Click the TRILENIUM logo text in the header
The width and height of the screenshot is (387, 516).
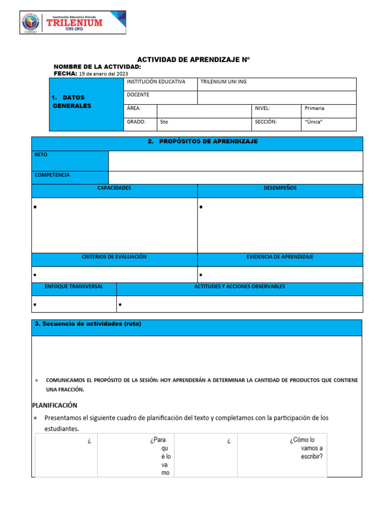click(x=74, y=22)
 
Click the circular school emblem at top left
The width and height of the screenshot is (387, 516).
click(x=33, y=23)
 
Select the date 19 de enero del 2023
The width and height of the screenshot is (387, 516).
click(x=104, y=74)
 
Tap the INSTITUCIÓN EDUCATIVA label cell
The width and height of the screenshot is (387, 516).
click(x=156, y=82)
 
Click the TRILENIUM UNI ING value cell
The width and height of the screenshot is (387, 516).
click(x=224, y=82)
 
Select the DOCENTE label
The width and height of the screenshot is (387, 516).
click(x=138, y=95)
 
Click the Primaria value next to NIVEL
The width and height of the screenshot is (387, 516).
click(x=314, y=108)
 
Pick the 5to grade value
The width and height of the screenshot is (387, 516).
click(x=164, y=122)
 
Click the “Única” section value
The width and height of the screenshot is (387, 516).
click(x=313, y=122)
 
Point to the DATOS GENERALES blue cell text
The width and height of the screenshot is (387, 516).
click(x=72, y=101)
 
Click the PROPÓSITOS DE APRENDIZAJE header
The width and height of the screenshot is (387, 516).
click(x=203, y=142)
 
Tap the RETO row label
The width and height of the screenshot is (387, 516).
click(x=41, y=155)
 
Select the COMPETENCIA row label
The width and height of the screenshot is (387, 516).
click(x=52, y=175)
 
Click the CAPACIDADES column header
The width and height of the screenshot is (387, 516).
click(x=114, y=188)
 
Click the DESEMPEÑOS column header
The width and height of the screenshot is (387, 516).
click(x=280, y=188)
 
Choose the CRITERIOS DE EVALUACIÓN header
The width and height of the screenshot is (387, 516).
click(x=114, y=257)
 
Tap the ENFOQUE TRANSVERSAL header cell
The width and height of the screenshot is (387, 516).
click(x=74, y=287)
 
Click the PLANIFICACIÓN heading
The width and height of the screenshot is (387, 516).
click(x=54, y=405)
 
